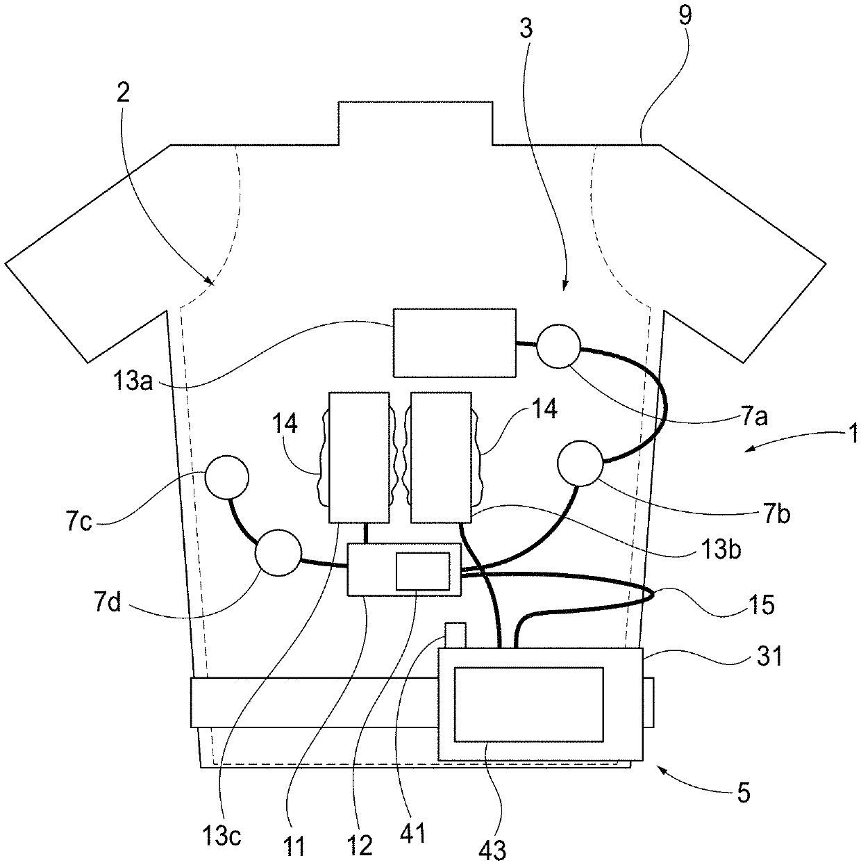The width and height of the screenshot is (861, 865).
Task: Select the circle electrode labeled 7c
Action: tap(226, 477)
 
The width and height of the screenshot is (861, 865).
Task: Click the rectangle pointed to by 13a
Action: tap(454, 343)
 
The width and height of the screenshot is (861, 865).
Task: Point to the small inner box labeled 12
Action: tap(422, 571)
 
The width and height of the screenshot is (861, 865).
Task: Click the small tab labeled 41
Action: tap(455, 634)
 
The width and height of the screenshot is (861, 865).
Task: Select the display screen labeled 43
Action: tap(528, 703)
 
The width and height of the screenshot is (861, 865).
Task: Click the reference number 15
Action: tap(761, 604)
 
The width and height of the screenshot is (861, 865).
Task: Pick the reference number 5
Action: tap(744, 793)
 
